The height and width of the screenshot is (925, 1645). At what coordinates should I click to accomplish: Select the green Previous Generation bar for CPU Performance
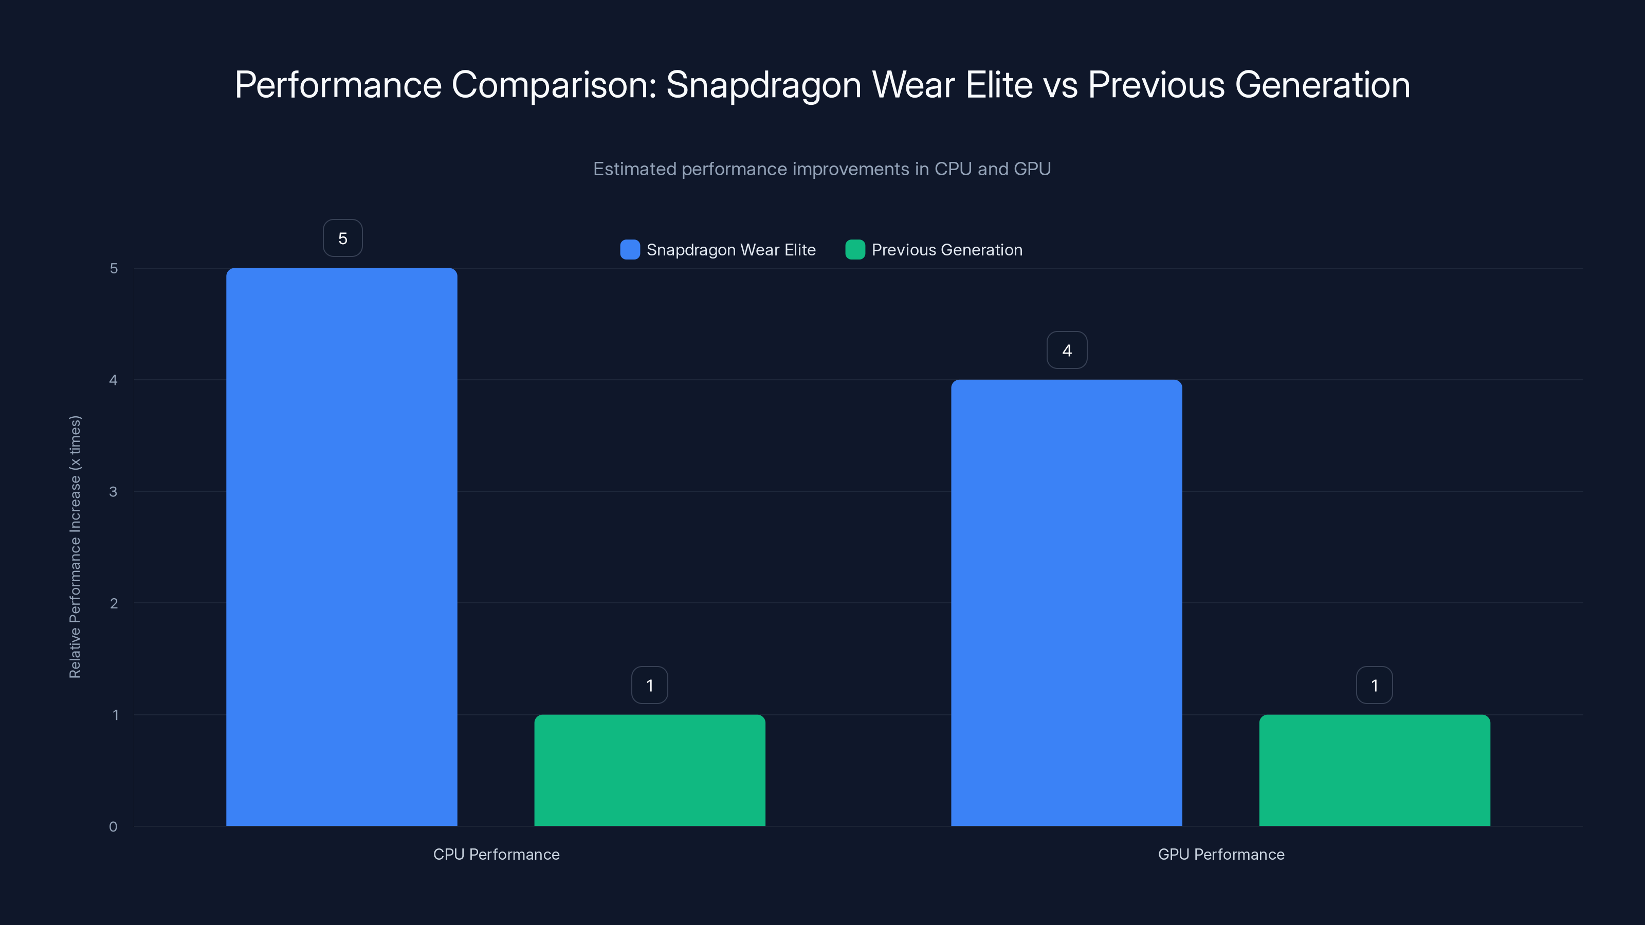pos(649,770)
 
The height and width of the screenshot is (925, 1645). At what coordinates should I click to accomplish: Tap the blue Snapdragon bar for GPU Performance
pos(1067,603)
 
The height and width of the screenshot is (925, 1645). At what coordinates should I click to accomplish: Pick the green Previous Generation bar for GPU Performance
pos(1374,770)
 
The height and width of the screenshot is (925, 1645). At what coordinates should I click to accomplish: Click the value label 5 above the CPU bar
pos(343,238)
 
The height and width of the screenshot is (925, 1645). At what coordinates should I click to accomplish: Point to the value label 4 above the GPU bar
pos(1067,350)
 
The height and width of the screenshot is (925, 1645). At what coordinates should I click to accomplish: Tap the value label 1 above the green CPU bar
pos(649,685)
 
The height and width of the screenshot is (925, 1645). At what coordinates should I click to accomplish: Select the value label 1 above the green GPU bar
pos(1374,685)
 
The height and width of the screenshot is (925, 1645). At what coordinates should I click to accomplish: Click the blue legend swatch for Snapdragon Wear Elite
pos(630,250)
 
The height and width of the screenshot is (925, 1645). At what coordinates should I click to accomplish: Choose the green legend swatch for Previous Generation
pos(855,250)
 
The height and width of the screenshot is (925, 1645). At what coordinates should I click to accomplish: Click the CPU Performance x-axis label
pos(496,854)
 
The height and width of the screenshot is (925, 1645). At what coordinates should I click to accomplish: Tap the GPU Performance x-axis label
pos(1221,854)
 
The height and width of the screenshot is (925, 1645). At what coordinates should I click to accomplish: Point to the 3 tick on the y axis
pos(114,492)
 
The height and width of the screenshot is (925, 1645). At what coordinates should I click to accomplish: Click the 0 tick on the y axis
pos(114,827)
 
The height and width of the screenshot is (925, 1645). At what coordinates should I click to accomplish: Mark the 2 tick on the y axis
pos(114,603)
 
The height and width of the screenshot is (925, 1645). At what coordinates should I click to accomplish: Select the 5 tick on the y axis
pos(114,268)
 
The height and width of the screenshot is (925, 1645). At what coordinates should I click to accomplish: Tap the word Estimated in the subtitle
pos(634,169)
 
